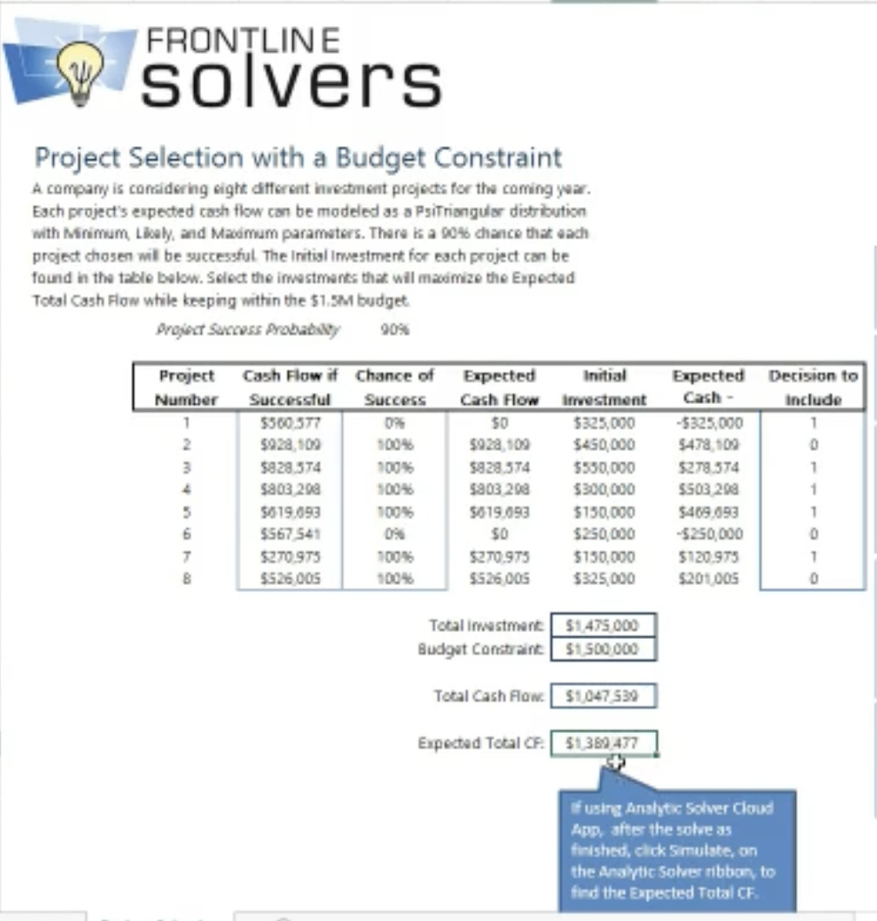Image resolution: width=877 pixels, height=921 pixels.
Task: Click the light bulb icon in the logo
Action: click(x=80, y=70)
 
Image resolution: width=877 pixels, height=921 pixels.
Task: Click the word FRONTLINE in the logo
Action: click(x=243, y=40)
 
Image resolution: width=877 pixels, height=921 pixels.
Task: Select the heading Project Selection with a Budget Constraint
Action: click(x=298, y=158)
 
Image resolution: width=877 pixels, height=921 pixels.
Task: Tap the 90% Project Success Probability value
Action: click(x=395, y=329)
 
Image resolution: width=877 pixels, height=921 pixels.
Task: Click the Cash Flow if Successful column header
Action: click(x=290, y=387)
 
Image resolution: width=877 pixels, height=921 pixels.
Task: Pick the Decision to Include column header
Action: click(x=813, y=387)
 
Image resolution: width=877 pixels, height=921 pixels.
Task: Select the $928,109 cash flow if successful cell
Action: click(x=290, y=445)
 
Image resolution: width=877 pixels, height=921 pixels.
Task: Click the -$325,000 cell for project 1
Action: click(x=708, y=423)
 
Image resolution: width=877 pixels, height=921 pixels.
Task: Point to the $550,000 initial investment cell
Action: click(x=604, y=467)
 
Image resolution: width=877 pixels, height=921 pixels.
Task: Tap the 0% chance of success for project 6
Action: click(x=395, y=534)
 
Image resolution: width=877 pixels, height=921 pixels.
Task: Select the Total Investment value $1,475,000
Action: click(x=602, y=625)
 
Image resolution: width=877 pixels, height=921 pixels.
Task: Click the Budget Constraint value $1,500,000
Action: click(x=602, y=649)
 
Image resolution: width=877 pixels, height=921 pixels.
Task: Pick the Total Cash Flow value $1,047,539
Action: click(x=602, y=696)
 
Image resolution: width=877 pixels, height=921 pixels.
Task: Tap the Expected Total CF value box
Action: click(x=602, y=743)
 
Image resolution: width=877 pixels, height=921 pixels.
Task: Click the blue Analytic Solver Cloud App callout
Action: click(x=676, y=848)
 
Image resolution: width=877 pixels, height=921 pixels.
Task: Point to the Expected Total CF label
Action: click(x=480, y=743)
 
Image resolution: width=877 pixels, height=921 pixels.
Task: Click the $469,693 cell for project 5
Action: click(x=708, y=512)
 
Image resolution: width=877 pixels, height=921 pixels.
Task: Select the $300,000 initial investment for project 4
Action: click(x=604, y=490)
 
